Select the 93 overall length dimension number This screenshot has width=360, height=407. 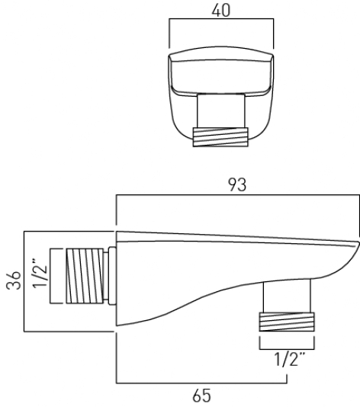pos(237,187)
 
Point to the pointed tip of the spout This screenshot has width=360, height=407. pos(356,245)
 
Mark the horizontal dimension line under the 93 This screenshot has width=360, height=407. pos(237,197)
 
